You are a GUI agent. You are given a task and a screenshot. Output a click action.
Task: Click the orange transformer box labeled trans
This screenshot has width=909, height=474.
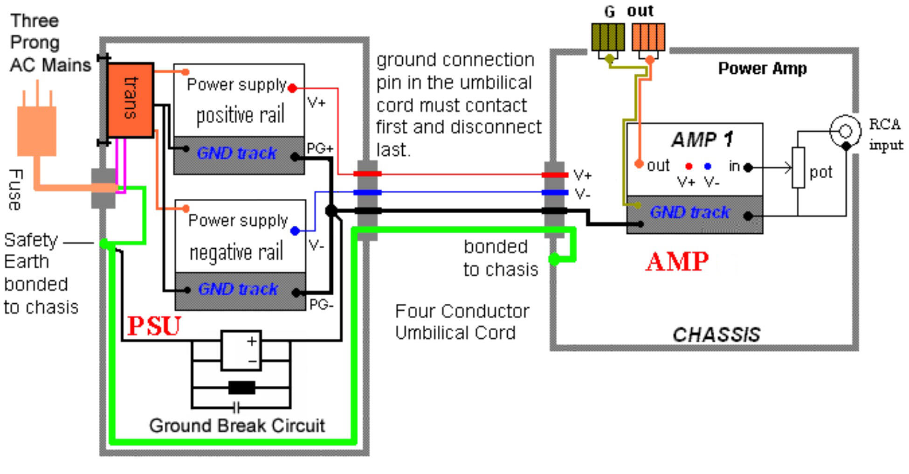(x=130, y=99)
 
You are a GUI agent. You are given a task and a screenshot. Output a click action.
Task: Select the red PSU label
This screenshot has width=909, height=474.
(x=154, y=325)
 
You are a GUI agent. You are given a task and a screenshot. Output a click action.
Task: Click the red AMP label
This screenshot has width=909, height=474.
(x=677, y=261)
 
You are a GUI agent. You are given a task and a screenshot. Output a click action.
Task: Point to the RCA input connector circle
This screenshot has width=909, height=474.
(x=845, y=131)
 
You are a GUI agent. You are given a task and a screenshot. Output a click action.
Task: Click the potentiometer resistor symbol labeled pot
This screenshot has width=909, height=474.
(x=799, y=167)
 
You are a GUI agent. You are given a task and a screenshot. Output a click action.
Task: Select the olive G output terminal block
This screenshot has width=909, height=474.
(x=608, y=37)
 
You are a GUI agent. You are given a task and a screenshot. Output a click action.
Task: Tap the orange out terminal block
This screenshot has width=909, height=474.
(x=648, y=37)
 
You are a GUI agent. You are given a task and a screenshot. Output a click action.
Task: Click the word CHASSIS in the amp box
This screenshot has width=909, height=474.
(x=716, y=335)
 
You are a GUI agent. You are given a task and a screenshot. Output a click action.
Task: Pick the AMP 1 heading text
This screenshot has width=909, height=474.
(x=702, y=139)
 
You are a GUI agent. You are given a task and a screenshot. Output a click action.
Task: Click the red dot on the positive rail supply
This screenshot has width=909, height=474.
(x=292, y=88)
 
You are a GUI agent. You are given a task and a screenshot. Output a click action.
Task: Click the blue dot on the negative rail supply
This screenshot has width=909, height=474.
(x=295, y=230)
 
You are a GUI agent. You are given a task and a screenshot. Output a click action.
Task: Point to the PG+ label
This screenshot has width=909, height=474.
(x=320, y=148)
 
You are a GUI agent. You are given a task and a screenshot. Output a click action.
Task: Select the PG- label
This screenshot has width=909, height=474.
(x=321, y=305)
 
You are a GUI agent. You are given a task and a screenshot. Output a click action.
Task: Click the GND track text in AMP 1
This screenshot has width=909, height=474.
(x=689, y=212)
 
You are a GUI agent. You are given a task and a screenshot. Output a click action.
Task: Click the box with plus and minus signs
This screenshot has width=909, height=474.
(x=241, y=350)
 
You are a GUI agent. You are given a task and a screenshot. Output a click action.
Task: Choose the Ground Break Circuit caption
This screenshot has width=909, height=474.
(x=237, y=425)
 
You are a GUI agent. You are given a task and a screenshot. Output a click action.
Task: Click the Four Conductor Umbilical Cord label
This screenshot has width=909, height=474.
(x=461, y=322)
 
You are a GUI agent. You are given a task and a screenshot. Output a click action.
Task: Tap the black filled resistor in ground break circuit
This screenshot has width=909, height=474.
(x=242, y=387)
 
